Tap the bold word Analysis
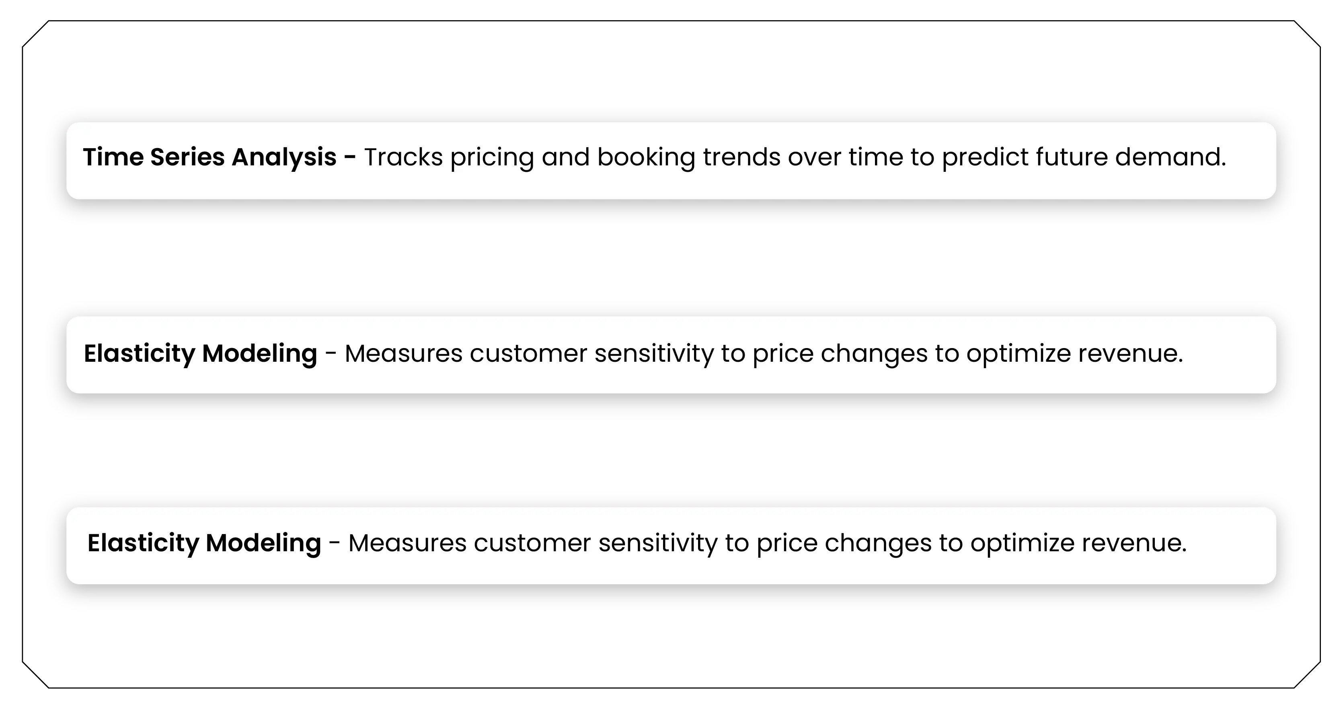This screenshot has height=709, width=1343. pyautogui.click(x=284, y=157)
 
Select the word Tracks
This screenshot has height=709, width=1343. pyautogui.click(x=403, y=157)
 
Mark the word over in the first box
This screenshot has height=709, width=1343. pyautogui.click(x=814, y=157)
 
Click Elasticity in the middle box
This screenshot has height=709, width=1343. pyautogui.click(x=139, y=354)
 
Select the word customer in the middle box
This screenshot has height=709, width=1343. pyautogui.click(x=528, y=354)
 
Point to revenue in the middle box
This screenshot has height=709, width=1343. pyautogui.click(x=1130, y=354)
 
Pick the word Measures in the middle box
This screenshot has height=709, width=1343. pyautogui.click(x=404, y=354)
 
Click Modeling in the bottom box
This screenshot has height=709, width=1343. pyautogui.click(x=263, y=543)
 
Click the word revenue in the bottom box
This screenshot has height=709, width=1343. pyautogui.click(x=1134, y=543)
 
